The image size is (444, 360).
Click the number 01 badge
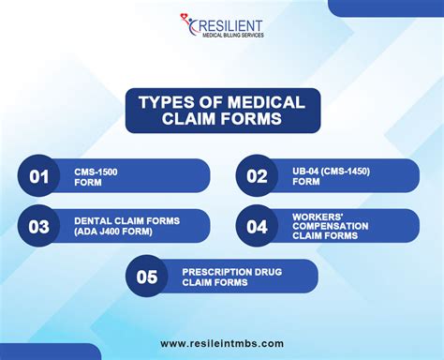point(38,176)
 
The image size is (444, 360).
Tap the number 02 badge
point(257,176)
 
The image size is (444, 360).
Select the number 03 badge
point(38,226)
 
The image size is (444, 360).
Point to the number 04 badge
point(257,226)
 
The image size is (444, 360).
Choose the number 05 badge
point(147,277)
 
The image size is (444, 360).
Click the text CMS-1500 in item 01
point(96,172)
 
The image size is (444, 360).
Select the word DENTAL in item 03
point(94,221)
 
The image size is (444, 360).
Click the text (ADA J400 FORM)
point(114,232)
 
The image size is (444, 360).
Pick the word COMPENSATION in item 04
point(330,226)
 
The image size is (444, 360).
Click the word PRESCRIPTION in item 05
point(214,271)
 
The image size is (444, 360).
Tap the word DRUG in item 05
point(263,271)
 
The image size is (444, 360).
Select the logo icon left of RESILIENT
point(187,26)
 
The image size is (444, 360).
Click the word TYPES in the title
point(163,102)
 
